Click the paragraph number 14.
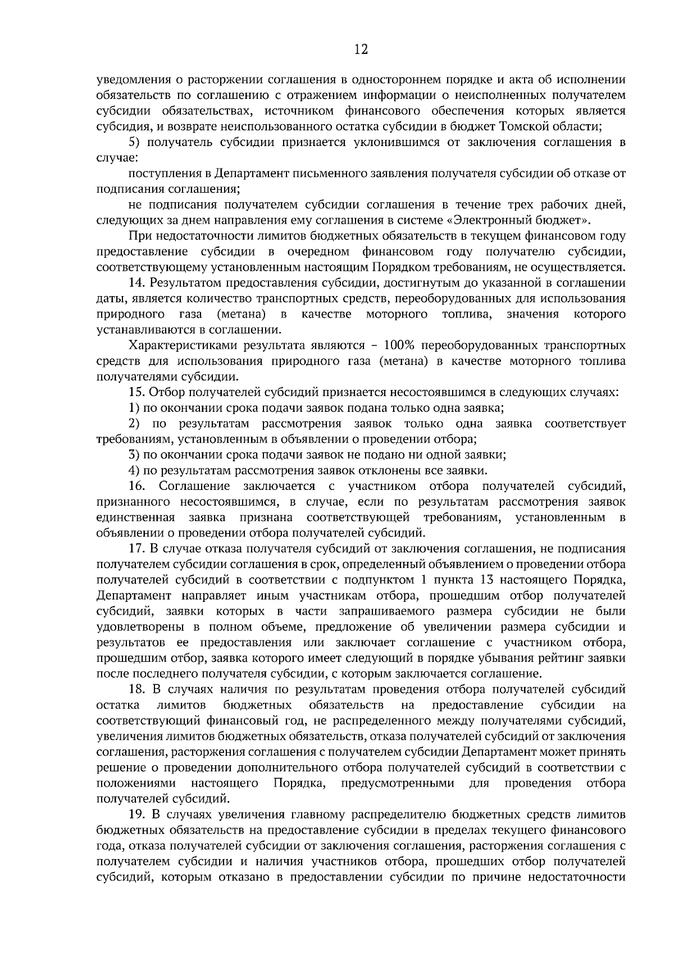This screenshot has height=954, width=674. (136, 283)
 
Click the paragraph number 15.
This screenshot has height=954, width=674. (136, 392)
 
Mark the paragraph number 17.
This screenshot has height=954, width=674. (136, 548)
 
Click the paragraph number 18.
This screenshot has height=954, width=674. (136, 689)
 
